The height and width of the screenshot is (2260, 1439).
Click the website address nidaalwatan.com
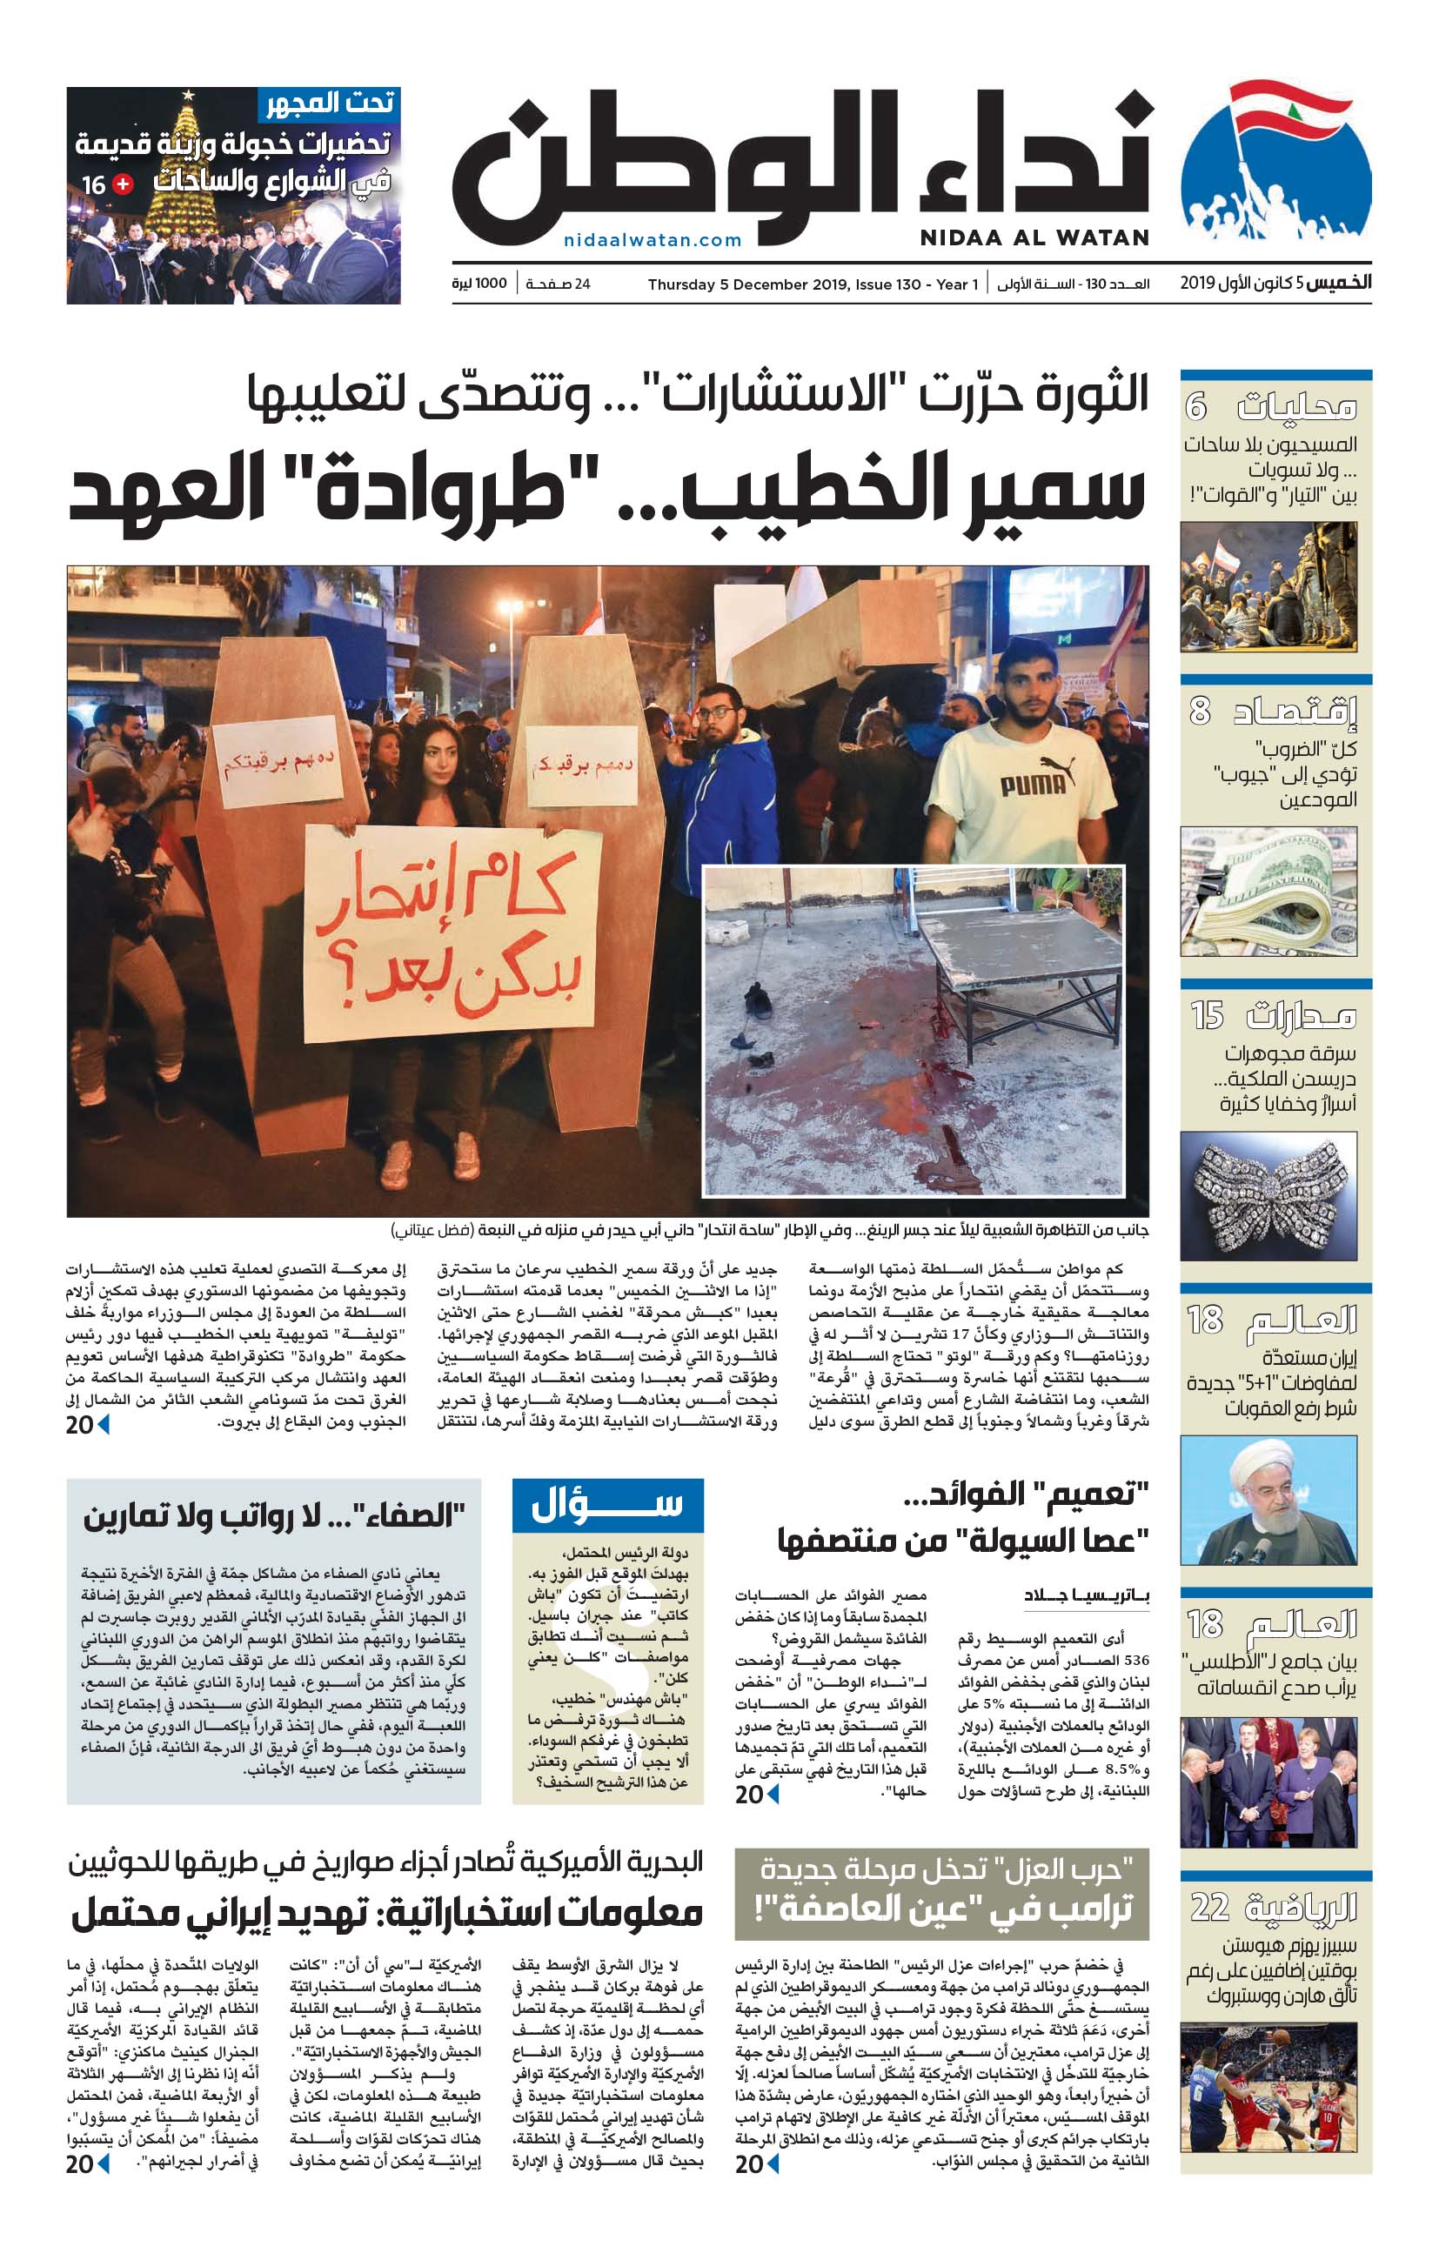click(x=653, y=240)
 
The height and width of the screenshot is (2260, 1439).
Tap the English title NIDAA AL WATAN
click(x=1034, y=238)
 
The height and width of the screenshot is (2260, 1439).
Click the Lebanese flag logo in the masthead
click(x=1275, y=164)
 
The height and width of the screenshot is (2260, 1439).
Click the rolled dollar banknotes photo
click(x=1268, y=891)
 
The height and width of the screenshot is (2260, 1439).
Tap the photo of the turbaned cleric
click(x=1268, y=1500)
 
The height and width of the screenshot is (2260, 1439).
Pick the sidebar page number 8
click(x=1200, y=711)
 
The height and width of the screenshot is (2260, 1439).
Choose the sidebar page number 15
click(x=1206, y=1014)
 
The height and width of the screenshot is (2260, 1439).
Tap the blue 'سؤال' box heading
click(x=607, y=1507)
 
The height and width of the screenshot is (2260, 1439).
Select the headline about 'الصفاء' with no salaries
click(x=274, y=1517)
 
